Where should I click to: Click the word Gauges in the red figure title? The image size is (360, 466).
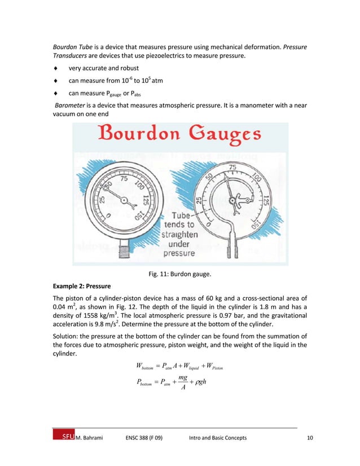[222, 136]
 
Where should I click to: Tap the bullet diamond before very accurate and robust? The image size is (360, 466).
[55, 68]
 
